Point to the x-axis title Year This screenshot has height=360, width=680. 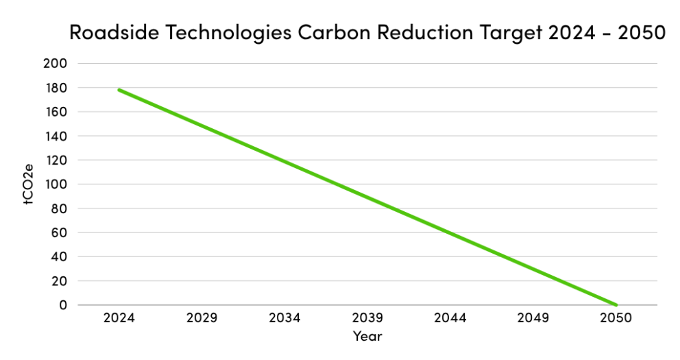point(367,337)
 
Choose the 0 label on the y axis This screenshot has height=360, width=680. point(62,305)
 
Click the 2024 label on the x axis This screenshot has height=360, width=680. point(119,319)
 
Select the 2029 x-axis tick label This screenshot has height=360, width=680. point(202,319)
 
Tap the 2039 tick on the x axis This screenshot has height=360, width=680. point(367,319)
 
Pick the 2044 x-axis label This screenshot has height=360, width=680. point(450,319)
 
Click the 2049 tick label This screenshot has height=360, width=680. point(533,319)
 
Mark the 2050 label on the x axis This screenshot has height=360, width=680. point(616,319)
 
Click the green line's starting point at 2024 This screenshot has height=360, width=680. point(119,90)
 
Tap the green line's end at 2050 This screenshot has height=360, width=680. point(616,305)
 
